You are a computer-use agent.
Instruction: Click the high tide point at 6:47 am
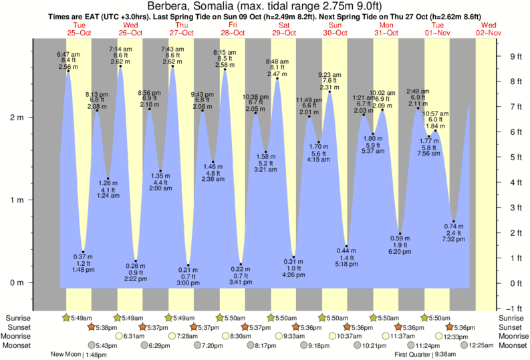coord(68,70)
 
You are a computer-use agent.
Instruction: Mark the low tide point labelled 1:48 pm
coord(83,252)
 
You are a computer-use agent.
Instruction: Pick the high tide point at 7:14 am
coord(120,65)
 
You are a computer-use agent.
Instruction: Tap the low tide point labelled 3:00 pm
coord(188,265)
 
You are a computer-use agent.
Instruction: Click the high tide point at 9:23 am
coord(329,92)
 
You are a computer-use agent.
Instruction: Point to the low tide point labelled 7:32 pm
coord(454,221)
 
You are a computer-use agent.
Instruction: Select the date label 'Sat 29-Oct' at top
coord(284,29)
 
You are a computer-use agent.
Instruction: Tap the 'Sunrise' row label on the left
coord(18,318)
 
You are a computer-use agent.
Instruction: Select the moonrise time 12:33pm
coord(458,336)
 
